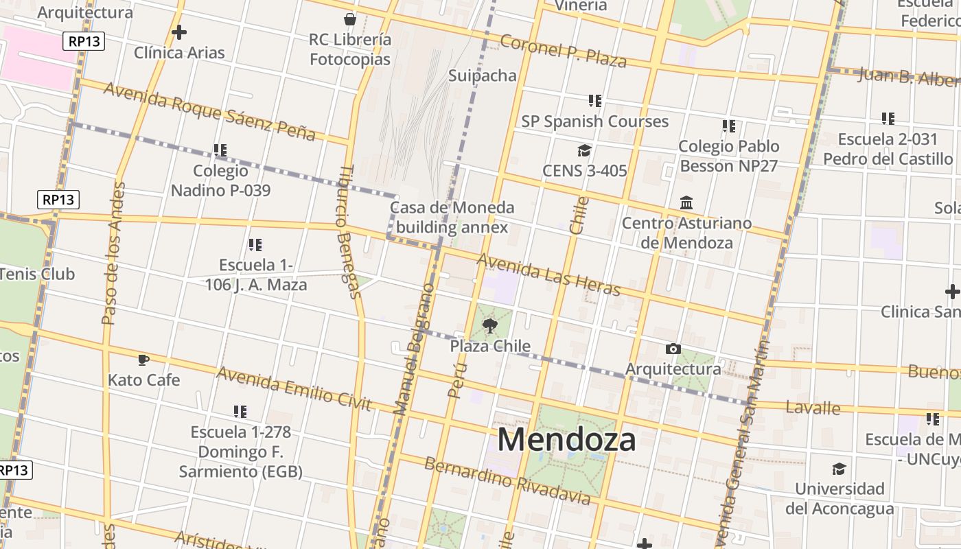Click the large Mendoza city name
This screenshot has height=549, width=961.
[566, 440]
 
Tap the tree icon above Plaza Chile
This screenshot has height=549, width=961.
[489, 325]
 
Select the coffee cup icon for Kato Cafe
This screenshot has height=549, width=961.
[143, 360]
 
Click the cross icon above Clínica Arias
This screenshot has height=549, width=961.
[179, 32]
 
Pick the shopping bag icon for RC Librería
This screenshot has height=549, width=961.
[350, 19]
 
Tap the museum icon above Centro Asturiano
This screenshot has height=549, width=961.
[686, 203]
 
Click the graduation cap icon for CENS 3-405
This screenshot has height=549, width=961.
[584, 151]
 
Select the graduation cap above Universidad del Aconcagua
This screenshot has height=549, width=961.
[839, 469]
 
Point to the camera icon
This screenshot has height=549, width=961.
[673, 349]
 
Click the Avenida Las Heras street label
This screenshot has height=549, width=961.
[548, 274]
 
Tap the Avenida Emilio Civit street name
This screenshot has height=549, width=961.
[294, 388]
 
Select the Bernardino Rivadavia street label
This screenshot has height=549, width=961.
[507, 480]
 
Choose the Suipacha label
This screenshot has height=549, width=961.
[483, 75]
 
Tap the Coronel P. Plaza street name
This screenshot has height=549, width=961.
[563, 51]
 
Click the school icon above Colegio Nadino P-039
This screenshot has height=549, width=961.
[220, 150]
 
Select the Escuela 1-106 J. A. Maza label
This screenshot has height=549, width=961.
[256, 274]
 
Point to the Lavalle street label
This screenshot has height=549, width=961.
[813, 408]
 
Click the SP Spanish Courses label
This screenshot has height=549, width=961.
[594, 121]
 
